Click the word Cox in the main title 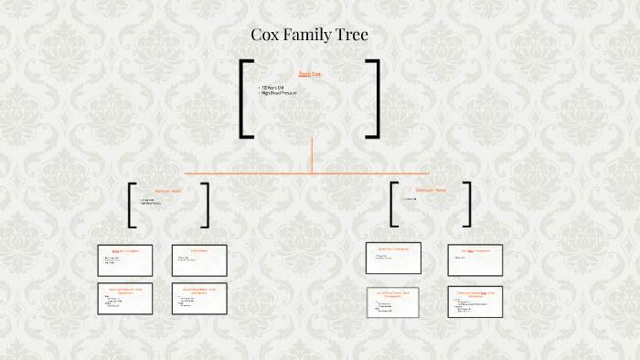[265, 36]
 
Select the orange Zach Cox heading [310, 74]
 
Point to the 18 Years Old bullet [273, 88]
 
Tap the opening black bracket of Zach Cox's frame [245, 99]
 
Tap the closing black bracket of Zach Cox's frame [374, 99]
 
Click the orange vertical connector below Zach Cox [312, 155]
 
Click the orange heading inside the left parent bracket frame [167, 190]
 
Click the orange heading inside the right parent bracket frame [431, 190]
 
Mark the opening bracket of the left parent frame [133, 205]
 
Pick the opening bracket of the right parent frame [394, 204]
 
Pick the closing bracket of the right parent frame [467, 204]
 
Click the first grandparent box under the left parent [125, 260]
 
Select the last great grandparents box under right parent [475, 302]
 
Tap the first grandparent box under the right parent [392, 259]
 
